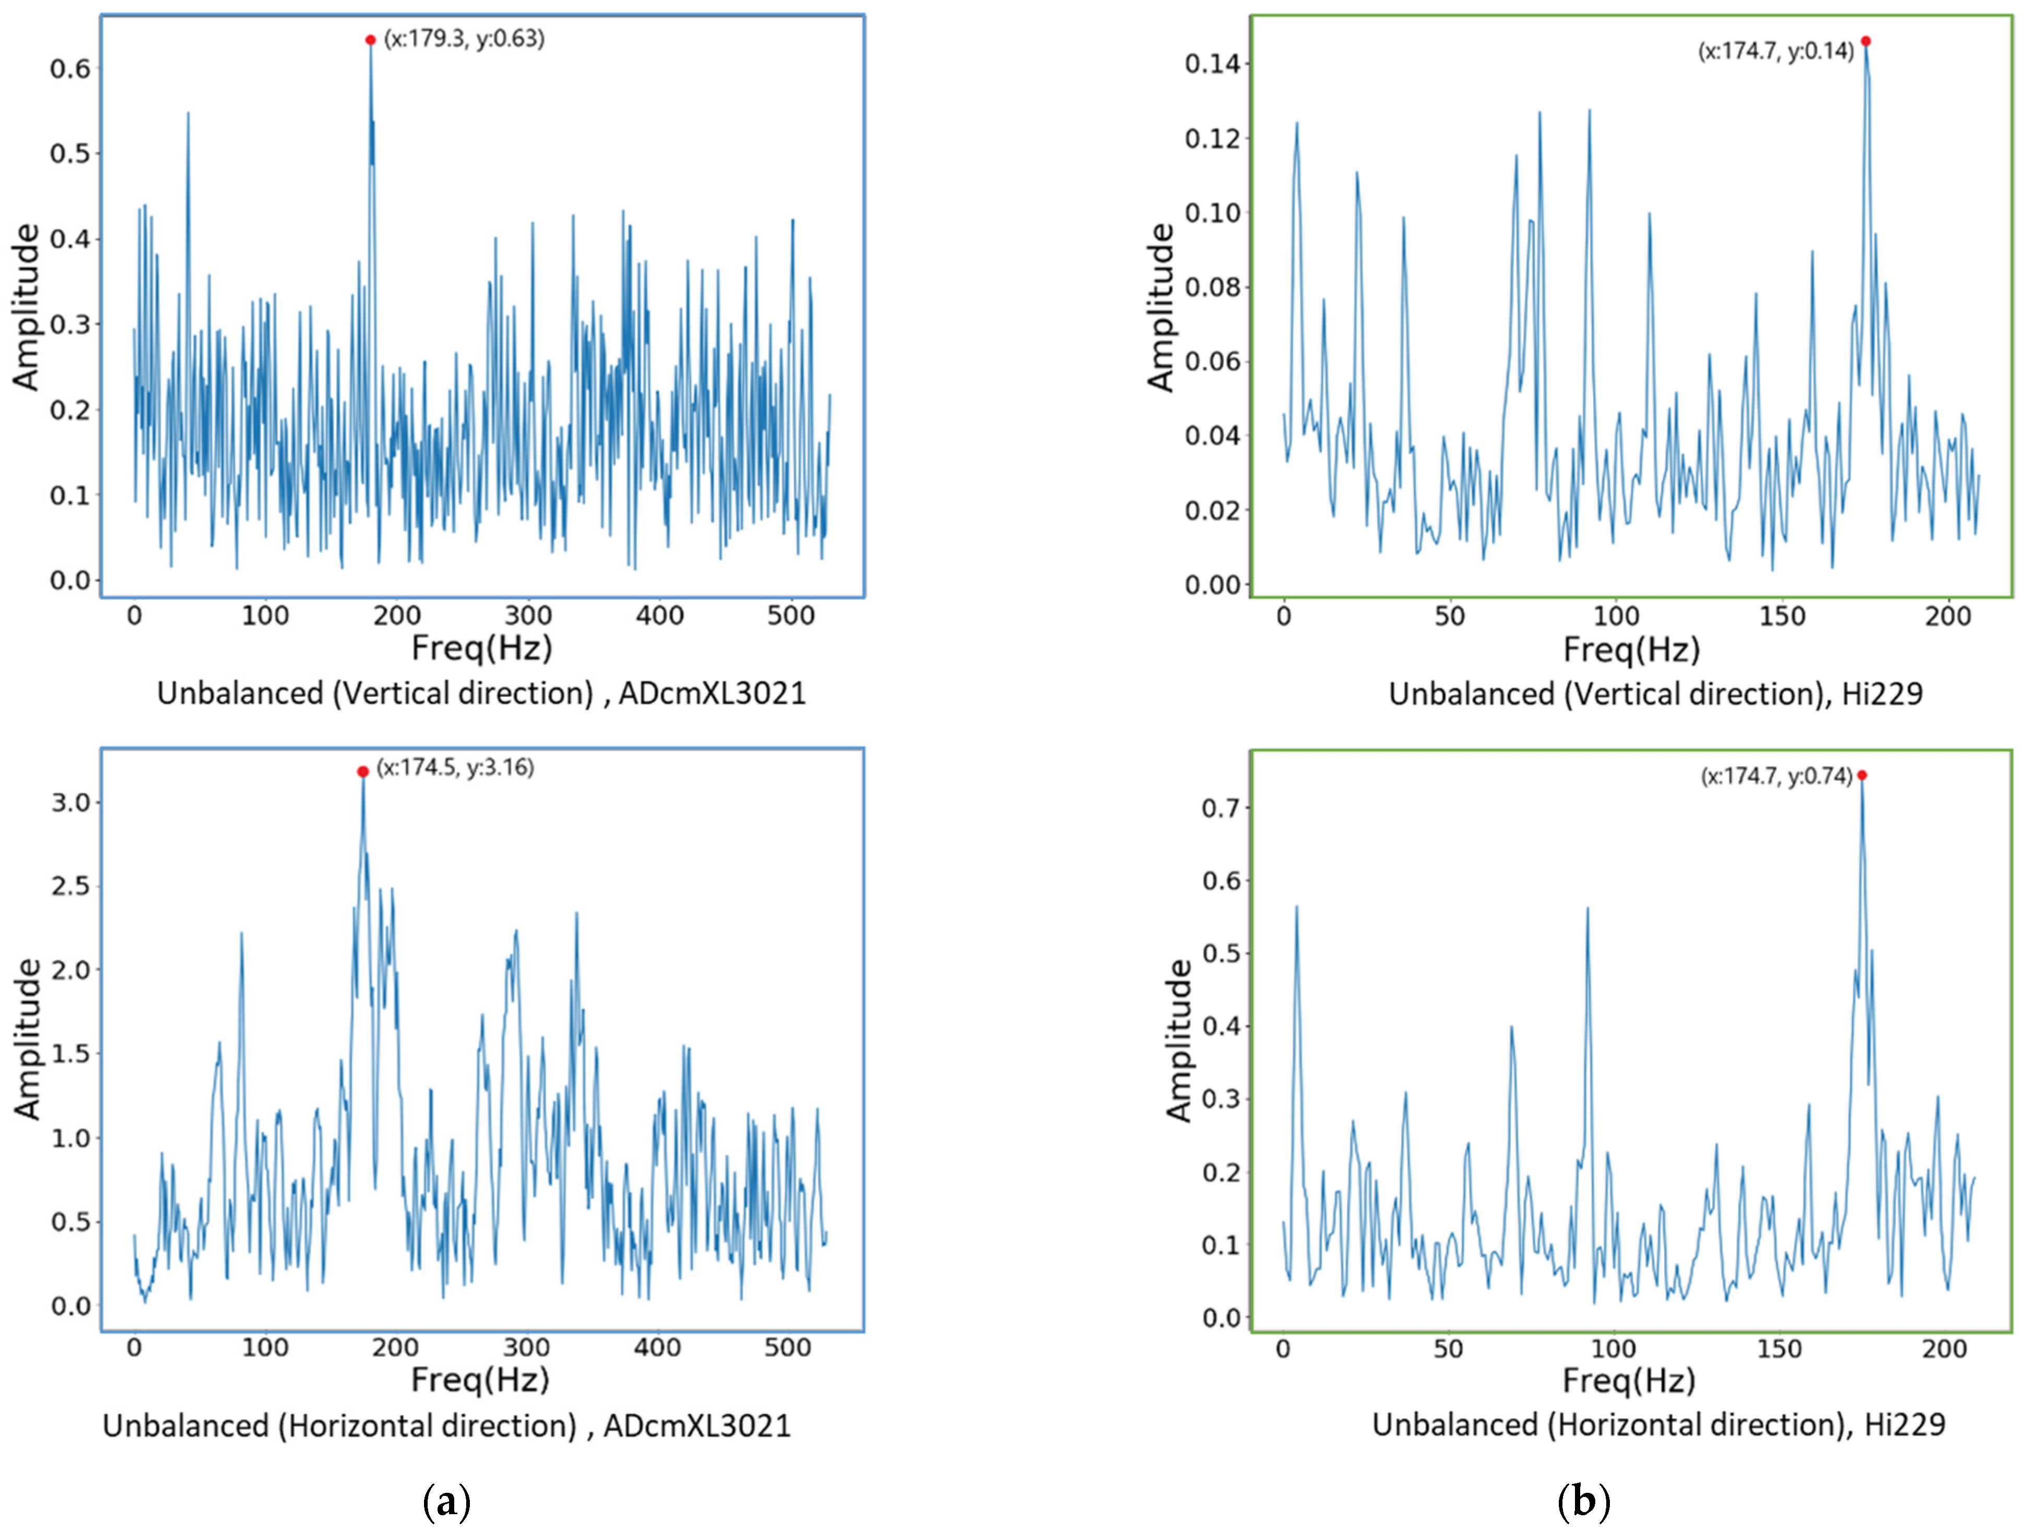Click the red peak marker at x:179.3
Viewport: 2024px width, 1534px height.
click(x=371, y=40)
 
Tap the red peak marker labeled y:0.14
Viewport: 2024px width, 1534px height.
click(x=1865, y=41)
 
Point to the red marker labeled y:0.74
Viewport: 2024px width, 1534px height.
click(x=1861, y=775)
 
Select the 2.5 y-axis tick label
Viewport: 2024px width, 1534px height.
click(x=70, y=886)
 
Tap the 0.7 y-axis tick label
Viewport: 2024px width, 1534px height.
click(x=1221, y=808)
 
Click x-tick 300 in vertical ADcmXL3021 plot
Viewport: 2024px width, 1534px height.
click(x=528, y=616)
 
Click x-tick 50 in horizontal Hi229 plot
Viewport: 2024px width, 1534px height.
click(x=1448, y=1349)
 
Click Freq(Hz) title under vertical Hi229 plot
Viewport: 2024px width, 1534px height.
click(x=1631, y=650)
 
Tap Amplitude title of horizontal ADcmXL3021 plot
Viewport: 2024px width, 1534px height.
click(x=28, y=1039)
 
